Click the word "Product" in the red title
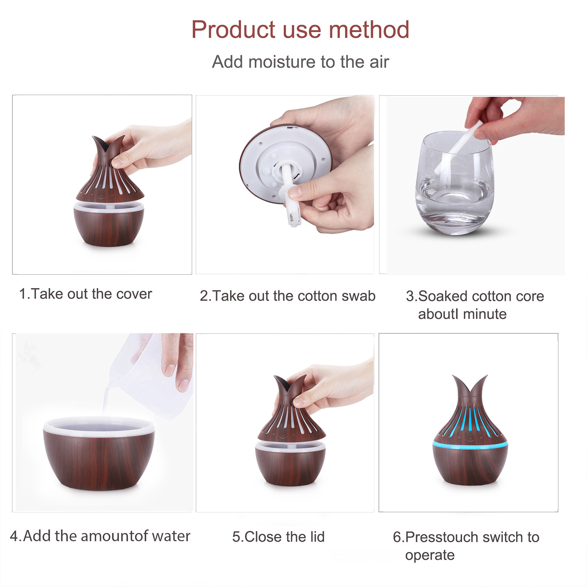click(233, 30)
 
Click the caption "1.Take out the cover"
click(85, 294)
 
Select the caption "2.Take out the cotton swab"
click(288, 296)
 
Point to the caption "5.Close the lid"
click(278, 537)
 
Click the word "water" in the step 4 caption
click(171, 536)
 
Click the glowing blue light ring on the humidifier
click(470, 445)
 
